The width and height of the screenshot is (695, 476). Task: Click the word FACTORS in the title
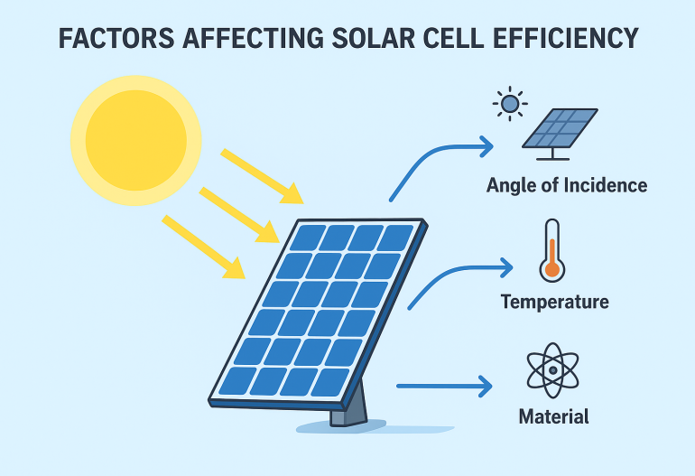[116, 38]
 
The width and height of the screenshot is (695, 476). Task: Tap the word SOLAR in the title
[374, 38]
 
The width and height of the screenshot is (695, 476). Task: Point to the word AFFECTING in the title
[253, 38]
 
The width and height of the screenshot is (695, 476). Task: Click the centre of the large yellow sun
[136, 141]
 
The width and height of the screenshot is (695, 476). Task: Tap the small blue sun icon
[510, 104]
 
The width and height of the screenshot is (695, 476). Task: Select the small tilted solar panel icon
[560, 134]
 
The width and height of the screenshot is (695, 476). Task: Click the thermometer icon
[551, 250]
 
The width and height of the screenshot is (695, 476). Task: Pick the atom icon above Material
[552, 370]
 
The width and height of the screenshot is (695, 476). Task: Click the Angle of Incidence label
[567, 185]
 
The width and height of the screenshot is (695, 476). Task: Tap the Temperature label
[554, 302]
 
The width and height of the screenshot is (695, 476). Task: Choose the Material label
[553, 416]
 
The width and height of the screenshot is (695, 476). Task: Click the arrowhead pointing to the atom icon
[486, 387]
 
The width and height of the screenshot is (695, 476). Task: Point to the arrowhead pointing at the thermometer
[506, 268]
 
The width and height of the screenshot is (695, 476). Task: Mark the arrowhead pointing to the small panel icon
[486, 146]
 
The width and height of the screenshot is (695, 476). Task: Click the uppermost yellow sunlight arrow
[262, 176]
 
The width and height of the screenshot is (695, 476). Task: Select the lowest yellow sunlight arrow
[203, 247]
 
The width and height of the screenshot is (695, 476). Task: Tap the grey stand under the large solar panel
[349, 406]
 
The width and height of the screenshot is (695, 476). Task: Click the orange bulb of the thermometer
[551, 269]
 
